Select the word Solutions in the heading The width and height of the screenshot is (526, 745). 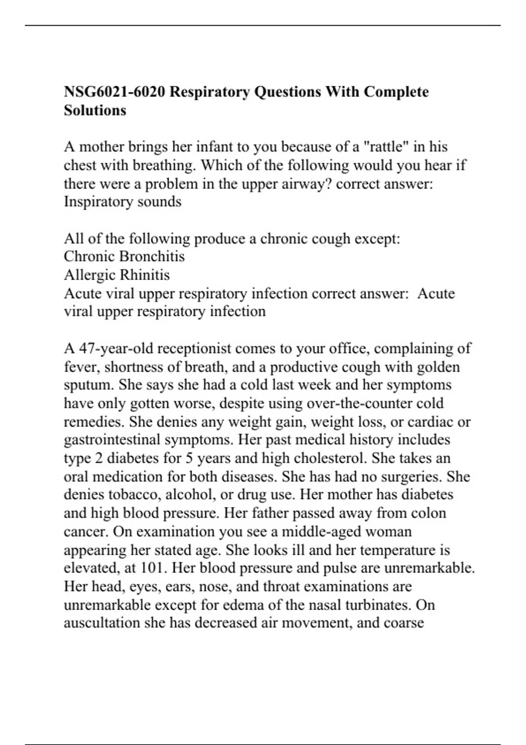coord(95,110)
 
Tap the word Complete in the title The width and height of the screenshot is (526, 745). coord(396,92)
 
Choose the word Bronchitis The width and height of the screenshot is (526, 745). coord(153,256)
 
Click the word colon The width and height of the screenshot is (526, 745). coord(429,513)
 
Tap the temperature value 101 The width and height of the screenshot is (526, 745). coord(152,568)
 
